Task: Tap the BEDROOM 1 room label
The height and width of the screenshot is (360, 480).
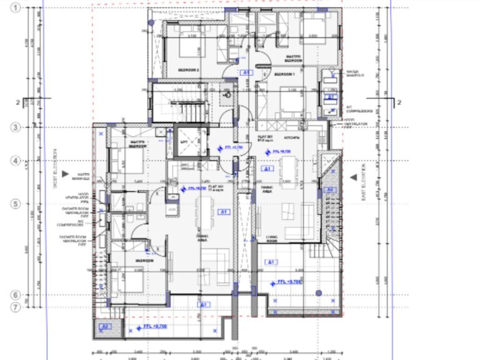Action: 284,74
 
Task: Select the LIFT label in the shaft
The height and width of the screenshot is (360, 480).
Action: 184,142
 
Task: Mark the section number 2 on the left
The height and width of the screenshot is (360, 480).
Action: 18,102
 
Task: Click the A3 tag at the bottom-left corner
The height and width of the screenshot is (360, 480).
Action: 105,326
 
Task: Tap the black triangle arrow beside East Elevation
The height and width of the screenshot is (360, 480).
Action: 354,177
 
